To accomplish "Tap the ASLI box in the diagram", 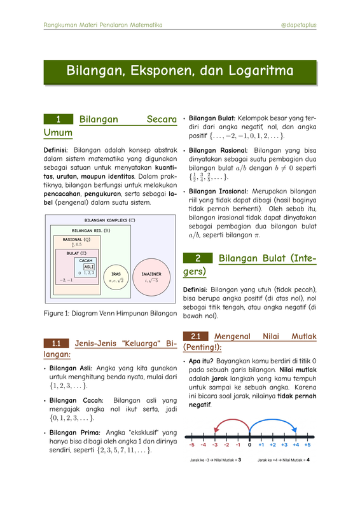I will click(x=89, y=267).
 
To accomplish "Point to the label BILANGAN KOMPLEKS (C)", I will click(x=110, y=220).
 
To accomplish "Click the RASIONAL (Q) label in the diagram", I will click(x=76, y=240).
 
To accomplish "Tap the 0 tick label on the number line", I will click(x=250, y=445).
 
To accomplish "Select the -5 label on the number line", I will click(x=191, y=445).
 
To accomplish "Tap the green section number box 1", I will click(x=58, y=119).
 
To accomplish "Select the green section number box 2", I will click(x=198, y=258).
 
